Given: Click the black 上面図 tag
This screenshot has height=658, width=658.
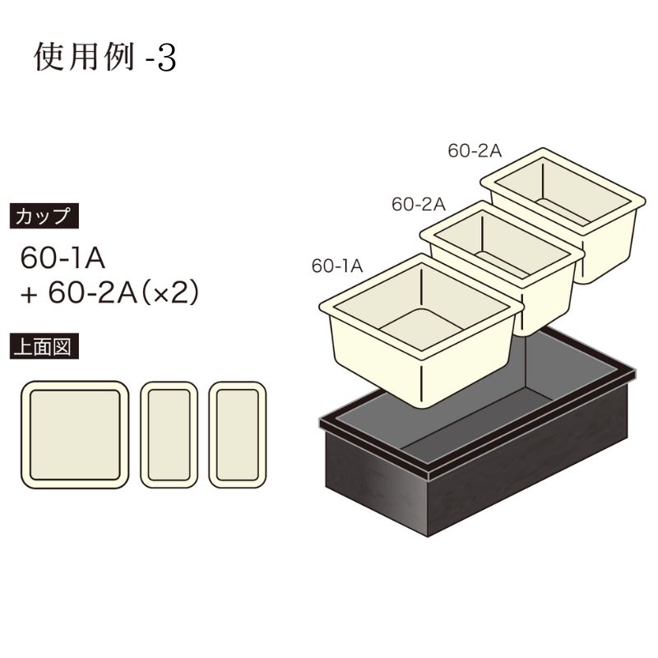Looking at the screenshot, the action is pos(48,347).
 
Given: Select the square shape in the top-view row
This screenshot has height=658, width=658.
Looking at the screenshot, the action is pos(75,435).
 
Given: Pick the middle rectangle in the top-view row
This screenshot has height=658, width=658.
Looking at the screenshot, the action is pos(169,435).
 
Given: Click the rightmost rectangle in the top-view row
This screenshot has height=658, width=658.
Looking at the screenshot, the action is pos(237,435).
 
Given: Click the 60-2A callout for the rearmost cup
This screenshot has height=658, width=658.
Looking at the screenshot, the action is pos(474,150).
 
